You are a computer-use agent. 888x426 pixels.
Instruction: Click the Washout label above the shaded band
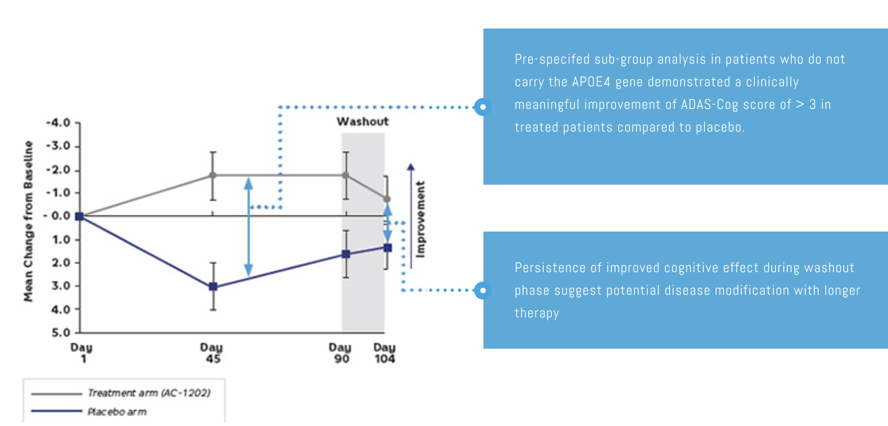pyautogui.click(x=362, y=121)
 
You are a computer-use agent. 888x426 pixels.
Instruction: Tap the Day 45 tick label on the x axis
pyautogui.click(x=212, y=353)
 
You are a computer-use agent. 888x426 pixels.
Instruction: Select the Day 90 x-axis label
pyautogui.click(x=341, y=353)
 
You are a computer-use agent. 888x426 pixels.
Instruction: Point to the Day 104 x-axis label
pyautogui.click(x=385, y=353)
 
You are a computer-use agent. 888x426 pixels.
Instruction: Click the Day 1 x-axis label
pyautogui.click(x=82, y=353)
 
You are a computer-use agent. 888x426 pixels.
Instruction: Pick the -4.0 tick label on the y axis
pyautogui.click(x=58, y=123)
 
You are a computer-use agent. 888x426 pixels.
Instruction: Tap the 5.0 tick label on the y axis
pyautogui.click(x=61, y=333)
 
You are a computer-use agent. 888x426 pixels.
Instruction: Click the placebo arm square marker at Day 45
pyautogui.click(x=213, y=287)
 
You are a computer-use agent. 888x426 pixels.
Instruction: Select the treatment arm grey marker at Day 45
pyautogui.click(x=212, y=175)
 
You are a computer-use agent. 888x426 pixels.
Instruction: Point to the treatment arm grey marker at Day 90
pyautogui.click(x=346, y=175)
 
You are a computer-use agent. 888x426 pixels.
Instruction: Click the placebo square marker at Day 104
pyautogui.click(x=387, y=248)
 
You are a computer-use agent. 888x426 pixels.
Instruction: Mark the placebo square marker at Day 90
pyautogui.click(x=346, y=254)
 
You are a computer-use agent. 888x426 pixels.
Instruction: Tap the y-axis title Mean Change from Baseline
pyautogui.click(x=28, y=221)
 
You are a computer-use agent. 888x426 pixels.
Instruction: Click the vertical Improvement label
pyautogui.click(x=420, y=219)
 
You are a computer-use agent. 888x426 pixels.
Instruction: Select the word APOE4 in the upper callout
pyautogui.click(x=591, y=82)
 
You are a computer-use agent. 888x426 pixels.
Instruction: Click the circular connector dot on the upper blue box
pyautogui.click(x=483, y=107)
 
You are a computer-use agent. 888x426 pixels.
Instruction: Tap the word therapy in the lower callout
pyautogui.click(x=537, y=313)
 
